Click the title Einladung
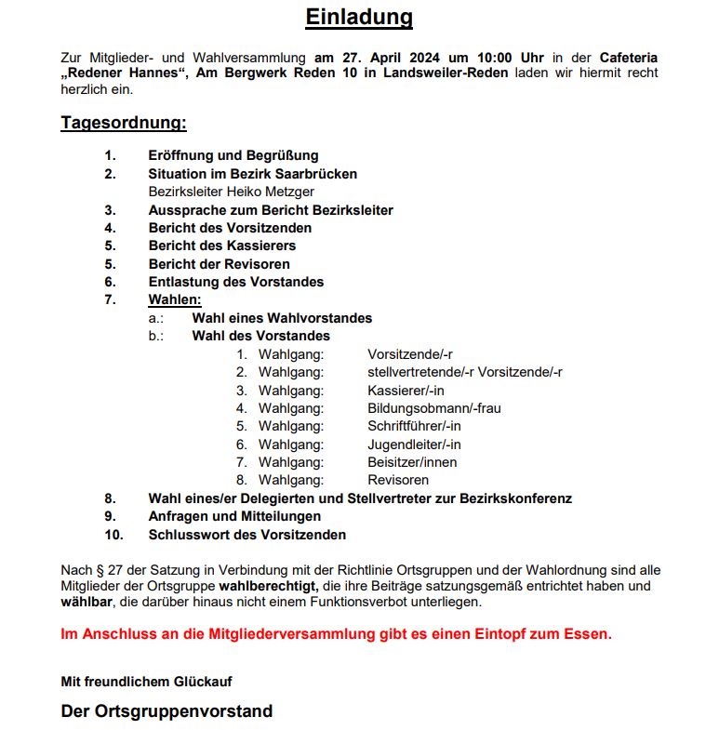[x=359, y=18]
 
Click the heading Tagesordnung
[x=124, y=123]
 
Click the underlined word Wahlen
[x=175, y=299]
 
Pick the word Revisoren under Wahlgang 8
[x=398, y=480]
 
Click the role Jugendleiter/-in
[x=414, y=445]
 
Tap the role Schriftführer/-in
[x=414, y=426]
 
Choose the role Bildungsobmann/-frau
[x=434, y=408]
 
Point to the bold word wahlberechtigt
[x=268, y=586]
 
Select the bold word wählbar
[x=87, y=603]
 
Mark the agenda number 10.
[x=113, y=535]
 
